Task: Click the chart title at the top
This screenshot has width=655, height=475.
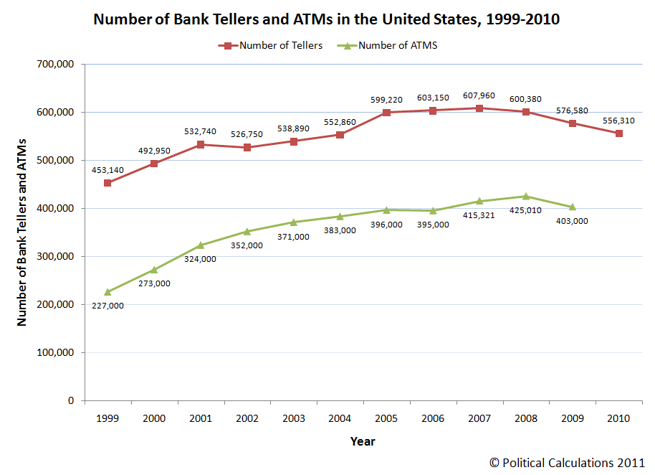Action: pos(327,19)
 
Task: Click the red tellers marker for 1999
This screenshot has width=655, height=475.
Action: pos(108,183)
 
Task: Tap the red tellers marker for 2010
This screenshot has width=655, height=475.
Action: pos(619,133)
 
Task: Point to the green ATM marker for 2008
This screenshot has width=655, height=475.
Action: pos(526,196)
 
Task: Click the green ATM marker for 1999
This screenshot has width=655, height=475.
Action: pos(108,292)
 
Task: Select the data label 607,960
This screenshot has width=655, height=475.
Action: pos(479,95)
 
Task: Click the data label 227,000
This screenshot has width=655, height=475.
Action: pos(107,306)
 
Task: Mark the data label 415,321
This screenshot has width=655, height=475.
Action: pos(479,215)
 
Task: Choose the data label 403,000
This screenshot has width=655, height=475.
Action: pos(572,221)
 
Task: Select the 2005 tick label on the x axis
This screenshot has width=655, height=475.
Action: pos(386,418)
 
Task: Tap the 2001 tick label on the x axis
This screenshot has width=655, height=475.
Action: pos(201,418)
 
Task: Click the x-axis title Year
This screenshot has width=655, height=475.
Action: pos(363,441)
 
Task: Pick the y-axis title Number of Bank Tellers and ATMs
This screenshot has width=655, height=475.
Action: pos(22,232)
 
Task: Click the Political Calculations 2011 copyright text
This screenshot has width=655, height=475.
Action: pos(567,463)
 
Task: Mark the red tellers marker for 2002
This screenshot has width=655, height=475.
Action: pos(247,148)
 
